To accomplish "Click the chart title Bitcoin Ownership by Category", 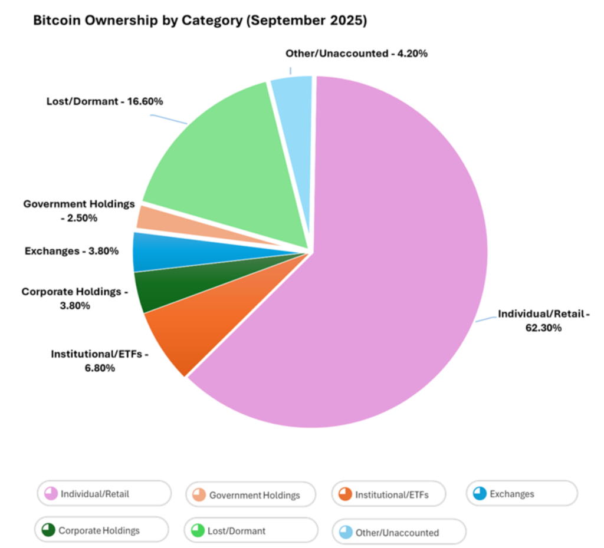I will [200, 21].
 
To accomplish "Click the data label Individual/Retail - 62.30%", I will [543, 321].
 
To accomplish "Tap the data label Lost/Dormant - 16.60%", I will [104, 101].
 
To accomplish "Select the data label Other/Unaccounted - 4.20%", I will [356, 54].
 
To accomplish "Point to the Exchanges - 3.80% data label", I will [71, 251].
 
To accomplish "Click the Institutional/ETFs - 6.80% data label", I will [99, 361].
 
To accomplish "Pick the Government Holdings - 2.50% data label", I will [79, 210].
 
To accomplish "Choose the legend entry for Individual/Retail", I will [104, 494].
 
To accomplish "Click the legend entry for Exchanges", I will [521, 494].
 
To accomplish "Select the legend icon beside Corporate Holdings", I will [48, 530].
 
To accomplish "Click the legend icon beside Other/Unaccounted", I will [346, 532].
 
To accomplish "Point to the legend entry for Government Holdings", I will [251, 495].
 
